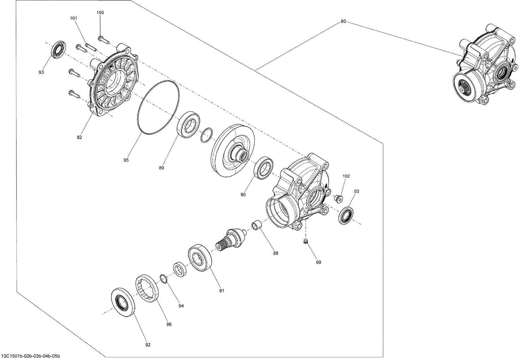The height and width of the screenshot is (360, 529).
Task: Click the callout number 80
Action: coord(343,22)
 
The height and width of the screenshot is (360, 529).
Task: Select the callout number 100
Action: coord(100,13)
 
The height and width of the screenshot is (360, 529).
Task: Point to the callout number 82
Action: coord(79,137)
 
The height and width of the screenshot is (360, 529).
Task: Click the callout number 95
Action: coord(126,160)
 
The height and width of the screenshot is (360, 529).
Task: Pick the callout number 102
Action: coord(346,176)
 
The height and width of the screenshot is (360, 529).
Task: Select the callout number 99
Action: coord(318,262)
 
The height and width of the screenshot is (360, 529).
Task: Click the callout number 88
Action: coord(275,253)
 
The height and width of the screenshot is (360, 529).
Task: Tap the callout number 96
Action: coord(169,324)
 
